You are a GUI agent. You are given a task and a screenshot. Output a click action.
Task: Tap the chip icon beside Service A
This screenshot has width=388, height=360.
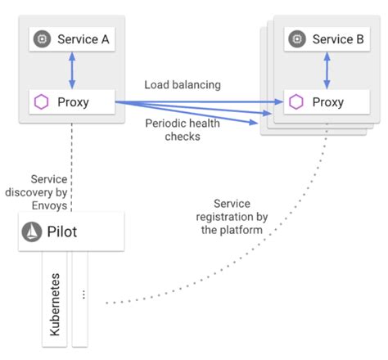tap(40, 39)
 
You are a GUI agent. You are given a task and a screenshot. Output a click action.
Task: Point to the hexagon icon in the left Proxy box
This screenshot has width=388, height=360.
tap(40, 102)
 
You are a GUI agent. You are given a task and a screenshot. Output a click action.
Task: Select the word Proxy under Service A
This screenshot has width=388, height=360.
tap(74, 102)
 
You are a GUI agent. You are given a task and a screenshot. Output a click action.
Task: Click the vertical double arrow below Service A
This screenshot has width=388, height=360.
tap(71, 70)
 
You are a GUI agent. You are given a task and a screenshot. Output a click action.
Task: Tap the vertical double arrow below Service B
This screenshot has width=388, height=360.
tap(327, 70)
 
